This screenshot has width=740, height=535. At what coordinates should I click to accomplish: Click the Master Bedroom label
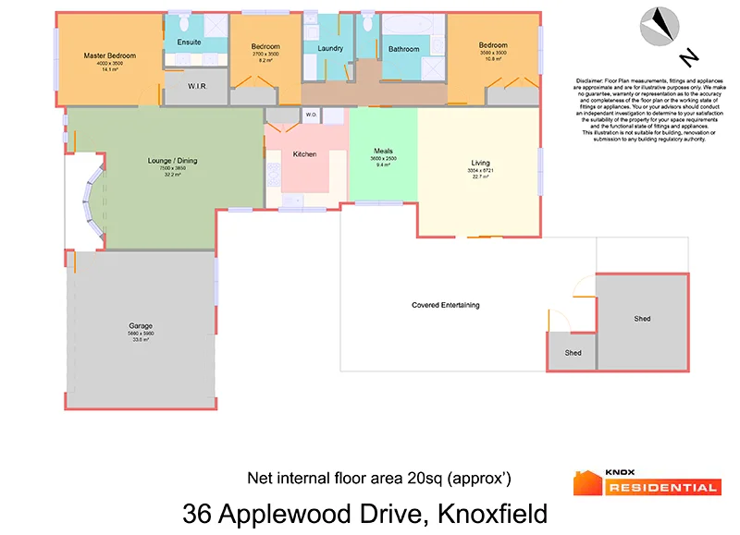click(x=109, y=55)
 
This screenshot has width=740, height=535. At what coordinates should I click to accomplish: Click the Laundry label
click(x=330, y=49)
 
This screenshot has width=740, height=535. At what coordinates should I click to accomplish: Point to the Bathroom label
click(x=403, y=49)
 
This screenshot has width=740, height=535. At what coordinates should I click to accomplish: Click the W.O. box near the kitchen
click(x=311, y=116)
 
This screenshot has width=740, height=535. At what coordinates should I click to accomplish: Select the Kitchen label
click(x=305, y=153)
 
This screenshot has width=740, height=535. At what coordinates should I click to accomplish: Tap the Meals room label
click(x=383, y=151)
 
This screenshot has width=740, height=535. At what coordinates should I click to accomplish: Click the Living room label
click(x=481, y=163)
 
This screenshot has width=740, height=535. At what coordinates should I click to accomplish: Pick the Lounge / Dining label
click(x=172, y=161)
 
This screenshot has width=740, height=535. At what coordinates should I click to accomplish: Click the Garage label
click(x=141, y=326)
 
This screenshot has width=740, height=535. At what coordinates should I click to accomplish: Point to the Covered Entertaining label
click(x=446, y=305)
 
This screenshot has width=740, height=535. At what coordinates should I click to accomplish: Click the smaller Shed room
click(x=573, y=353)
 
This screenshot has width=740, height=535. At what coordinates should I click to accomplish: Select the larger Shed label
click(x=642, y=319)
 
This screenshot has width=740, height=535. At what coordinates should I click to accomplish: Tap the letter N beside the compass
click(x=688, y=58)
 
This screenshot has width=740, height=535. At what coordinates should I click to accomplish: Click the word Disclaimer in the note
click(x=593, y=81)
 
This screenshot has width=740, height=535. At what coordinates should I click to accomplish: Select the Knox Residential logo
click(x=646, y=481)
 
